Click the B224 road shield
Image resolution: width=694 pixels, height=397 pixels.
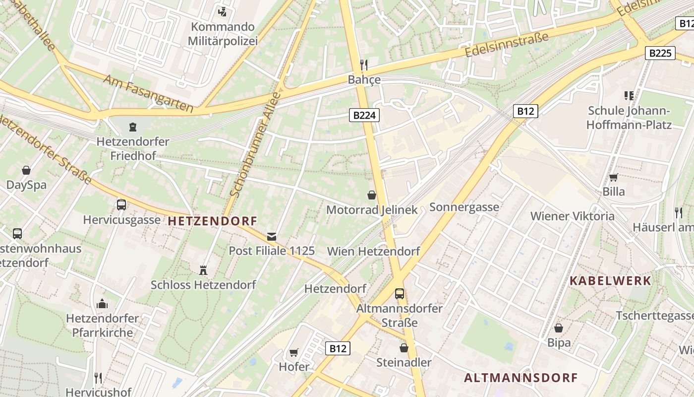[364, 116]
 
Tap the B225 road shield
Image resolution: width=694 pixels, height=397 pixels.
[660, 53]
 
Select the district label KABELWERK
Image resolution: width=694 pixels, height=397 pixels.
[610, 280]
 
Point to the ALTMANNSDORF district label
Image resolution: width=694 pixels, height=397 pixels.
[521, 378]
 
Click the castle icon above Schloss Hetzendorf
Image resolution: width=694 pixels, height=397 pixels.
[203, 270]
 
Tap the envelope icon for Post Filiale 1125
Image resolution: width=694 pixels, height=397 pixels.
[272, 236]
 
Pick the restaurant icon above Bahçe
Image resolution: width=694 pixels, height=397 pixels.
[364, 65]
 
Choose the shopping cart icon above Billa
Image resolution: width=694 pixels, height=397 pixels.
[613, 177]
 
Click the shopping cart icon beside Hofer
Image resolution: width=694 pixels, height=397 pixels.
[293, 352]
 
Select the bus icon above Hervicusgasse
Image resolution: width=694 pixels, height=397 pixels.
[121, 204]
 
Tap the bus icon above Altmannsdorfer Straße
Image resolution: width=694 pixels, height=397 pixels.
[400, 293]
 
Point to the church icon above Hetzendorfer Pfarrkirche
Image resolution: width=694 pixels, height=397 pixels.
[102, 303]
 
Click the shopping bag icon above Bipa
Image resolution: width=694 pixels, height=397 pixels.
[559, 328]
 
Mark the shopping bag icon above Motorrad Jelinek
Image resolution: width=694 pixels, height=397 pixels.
[372, 195]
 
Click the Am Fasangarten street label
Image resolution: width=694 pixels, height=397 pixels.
[148, 93]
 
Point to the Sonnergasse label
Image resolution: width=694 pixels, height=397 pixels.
[464, 207]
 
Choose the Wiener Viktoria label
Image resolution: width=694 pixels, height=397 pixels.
[572, 216]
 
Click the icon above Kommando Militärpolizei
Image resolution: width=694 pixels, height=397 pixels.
[223, 11]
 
